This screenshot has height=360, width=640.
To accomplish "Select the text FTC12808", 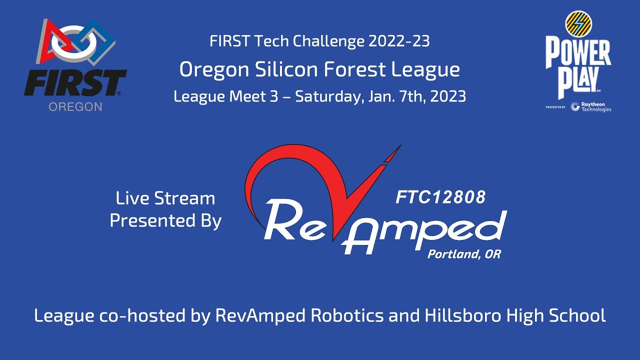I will point(440,197).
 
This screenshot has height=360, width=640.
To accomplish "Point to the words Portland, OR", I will point(463,254).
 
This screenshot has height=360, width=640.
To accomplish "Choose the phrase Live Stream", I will point(165,198).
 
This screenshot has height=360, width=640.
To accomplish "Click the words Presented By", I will point(165,220).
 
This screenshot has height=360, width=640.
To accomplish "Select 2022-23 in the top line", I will point(398,41).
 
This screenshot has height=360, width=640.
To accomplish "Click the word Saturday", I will point(325,96).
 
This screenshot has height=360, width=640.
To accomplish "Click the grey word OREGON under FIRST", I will point(75,106).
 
